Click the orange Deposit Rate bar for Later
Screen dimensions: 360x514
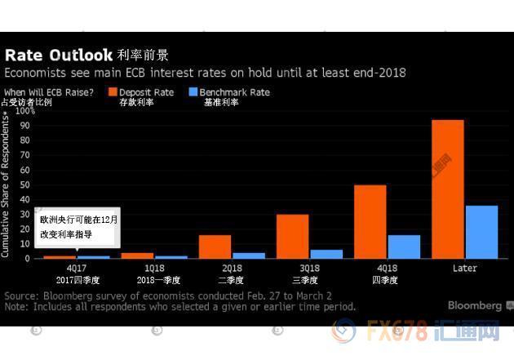tap(448, 189)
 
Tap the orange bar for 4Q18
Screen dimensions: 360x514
tap(370, 222)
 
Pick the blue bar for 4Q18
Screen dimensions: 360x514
tap(404, 247)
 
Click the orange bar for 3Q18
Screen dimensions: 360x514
tap(292, 237)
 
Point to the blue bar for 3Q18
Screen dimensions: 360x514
tap(326, 254)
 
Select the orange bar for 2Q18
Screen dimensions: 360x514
tap(215, 247)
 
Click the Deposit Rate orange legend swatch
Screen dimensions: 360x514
tap(113, 93)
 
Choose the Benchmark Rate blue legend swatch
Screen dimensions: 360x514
tap(193, 93)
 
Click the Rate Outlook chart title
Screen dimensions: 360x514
tap(59, 56)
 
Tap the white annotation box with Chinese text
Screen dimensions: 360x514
tap(79, 227)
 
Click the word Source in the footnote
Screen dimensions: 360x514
tap(21, 295)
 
